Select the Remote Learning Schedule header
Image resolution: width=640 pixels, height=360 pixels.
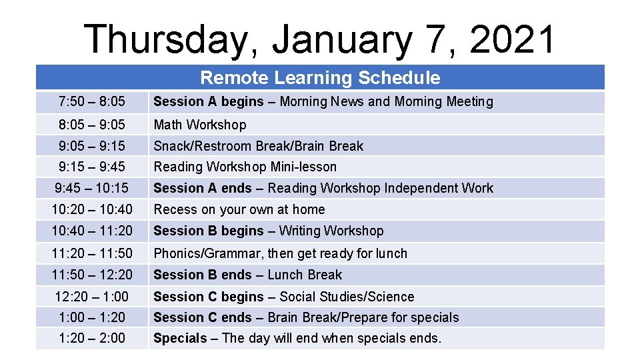click(x=320, y=78)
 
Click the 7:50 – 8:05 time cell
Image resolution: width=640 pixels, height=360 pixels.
click(x=92, y=102)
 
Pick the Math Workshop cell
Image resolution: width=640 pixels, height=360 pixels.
click(x=200, y=125)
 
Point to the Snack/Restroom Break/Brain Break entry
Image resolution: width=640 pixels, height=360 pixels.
click(x=259, y=146)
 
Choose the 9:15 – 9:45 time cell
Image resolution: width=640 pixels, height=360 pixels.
click(x=92, y=167)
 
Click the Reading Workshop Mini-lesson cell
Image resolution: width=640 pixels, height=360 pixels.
click(x=245, y=167)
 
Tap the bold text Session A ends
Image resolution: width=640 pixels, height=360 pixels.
click(x=203, y=188)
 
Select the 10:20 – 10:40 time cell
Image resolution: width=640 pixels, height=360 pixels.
click(x=92, y=209)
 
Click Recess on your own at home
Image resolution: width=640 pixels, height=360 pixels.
click(x=239, y=209)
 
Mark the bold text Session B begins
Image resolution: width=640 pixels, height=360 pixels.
click(x=209, y=231)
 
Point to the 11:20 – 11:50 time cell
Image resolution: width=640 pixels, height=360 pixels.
click(x=92, y=253)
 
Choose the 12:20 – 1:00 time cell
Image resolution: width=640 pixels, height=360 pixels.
click(x=92, y=297)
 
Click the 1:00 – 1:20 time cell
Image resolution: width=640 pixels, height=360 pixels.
click(x=92, y=317)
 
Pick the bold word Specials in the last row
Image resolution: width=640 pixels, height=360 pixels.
click(x=180, y=338)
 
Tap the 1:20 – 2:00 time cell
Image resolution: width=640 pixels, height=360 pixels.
click(x=92, y=338)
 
